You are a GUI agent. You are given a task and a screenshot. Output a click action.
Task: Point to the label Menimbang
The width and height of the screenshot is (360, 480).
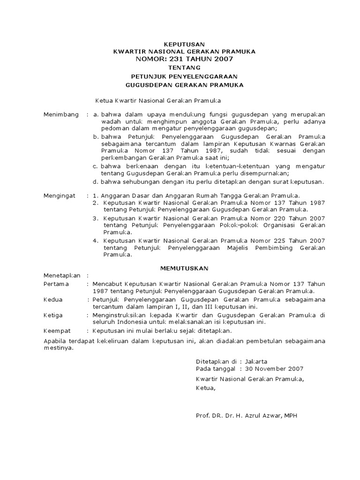61,115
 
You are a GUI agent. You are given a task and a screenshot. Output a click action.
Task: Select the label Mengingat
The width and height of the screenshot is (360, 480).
60,195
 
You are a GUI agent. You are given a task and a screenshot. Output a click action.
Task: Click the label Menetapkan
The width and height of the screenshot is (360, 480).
62,276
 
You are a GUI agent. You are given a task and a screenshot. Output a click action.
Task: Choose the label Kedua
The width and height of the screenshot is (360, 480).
53,300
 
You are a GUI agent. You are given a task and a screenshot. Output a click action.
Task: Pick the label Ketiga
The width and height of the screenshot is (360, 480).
53,315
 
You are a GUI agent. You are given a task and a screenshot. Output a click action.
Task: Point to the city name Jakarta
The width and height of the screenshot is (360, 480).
258,361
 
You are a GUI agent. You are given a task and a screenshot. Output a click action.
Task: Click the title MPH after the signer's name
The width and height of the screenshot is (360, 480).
290,415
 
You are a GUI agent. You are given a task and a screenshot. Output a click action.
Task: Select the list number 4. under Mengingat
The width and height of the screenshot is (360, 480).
96,241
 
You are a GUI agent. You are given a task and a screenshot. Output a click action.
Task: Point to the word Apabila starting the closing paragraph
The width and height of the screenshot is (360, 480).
55,341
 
